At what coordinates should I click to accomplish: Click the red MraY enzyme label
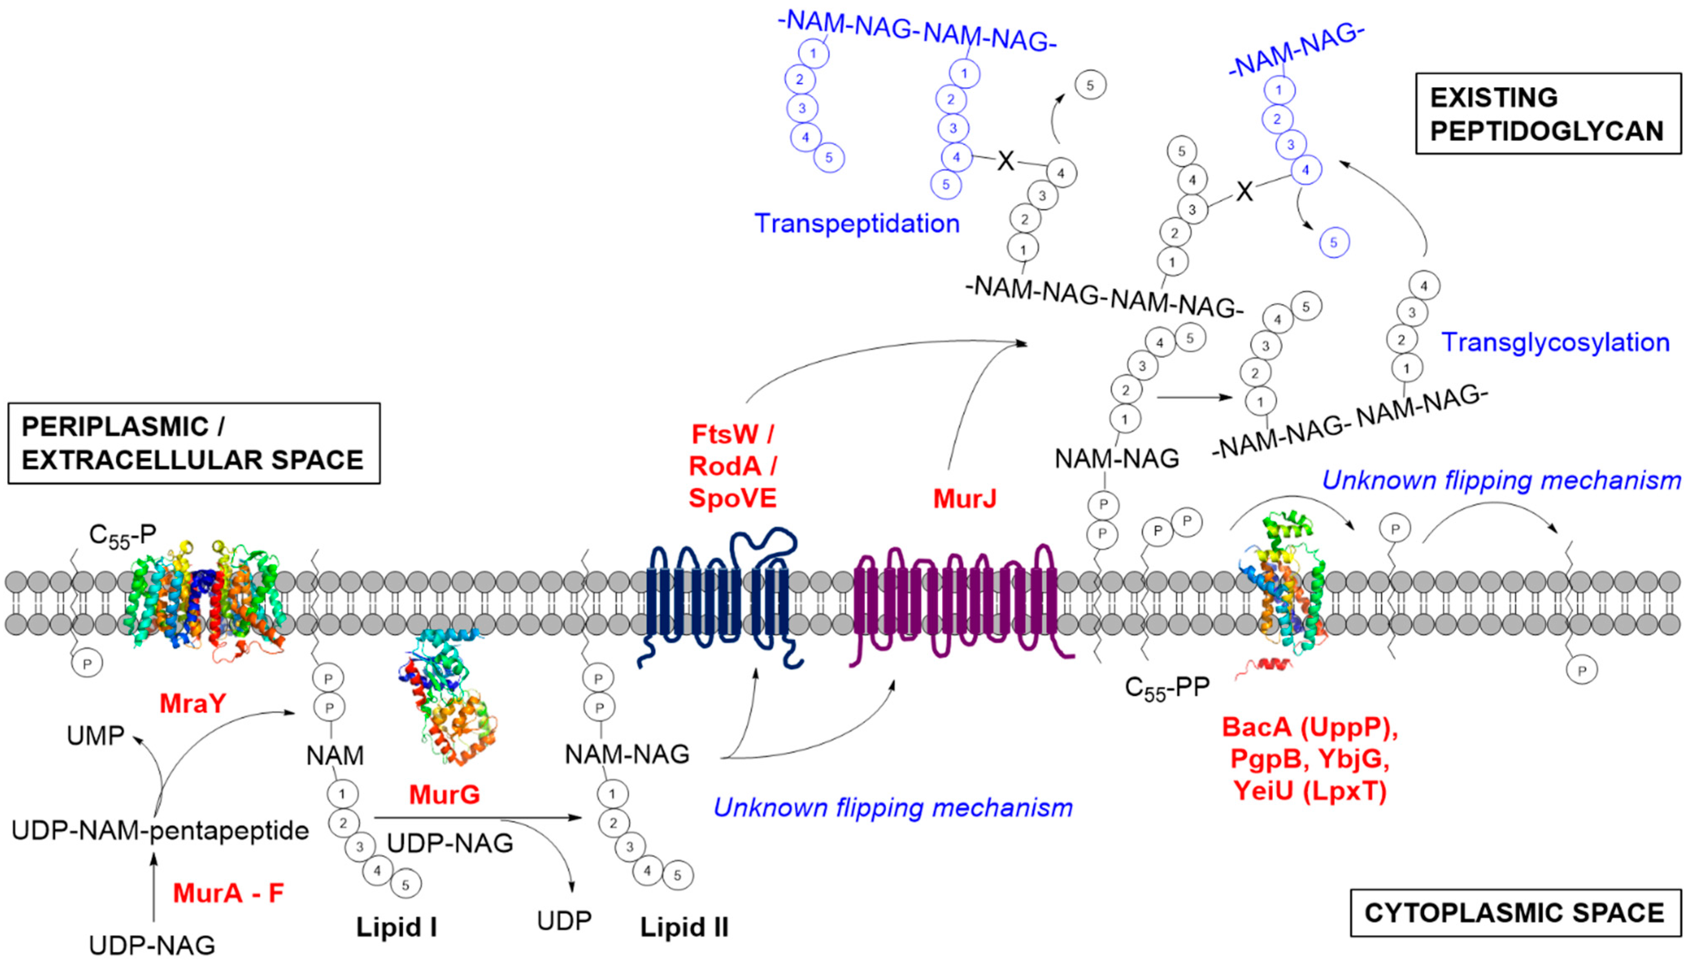[193, 703]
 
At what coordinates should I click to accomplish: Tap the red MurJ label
[964, 499]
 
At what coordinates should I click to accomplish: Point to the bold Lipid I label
[397, 927]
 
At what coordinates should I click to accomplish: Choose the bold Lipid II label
[685, 927]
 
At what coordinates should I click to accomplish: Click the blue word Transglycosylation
[1556, 342]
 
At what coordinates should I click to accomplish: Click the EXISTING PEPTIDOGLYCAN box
[1548, 114]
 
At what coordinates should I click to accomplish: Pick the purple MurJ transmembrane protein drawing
[962, 602]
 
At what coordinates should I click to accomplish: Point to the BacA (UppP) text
[1310, 728]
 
